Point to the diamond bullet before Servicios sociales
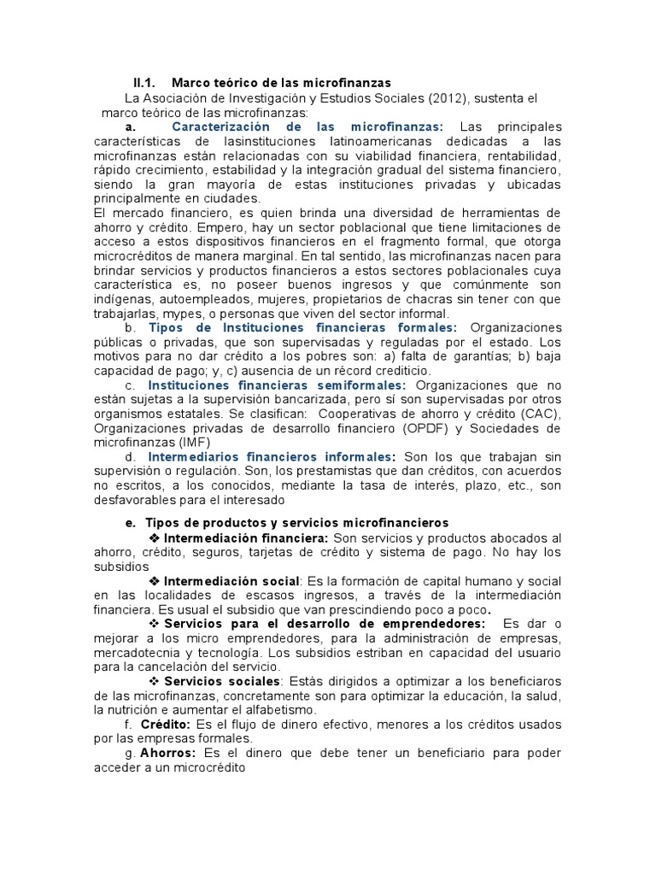(x=155, y=681)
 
